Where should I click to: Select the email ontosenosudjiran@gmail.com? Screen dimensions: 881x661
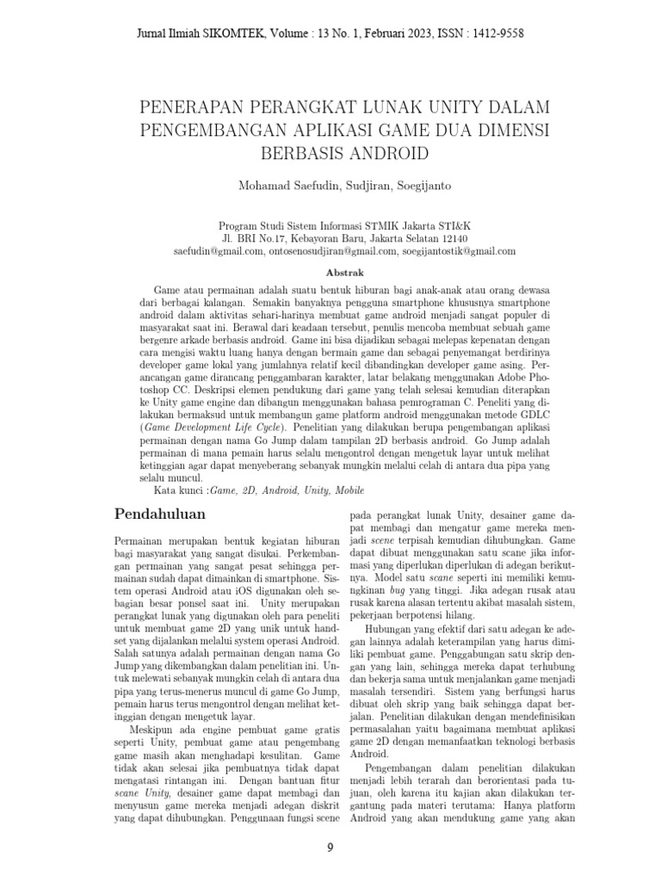click(333, 251)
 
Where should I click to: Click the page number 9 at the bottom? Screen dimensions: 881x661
click(330, 848)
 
